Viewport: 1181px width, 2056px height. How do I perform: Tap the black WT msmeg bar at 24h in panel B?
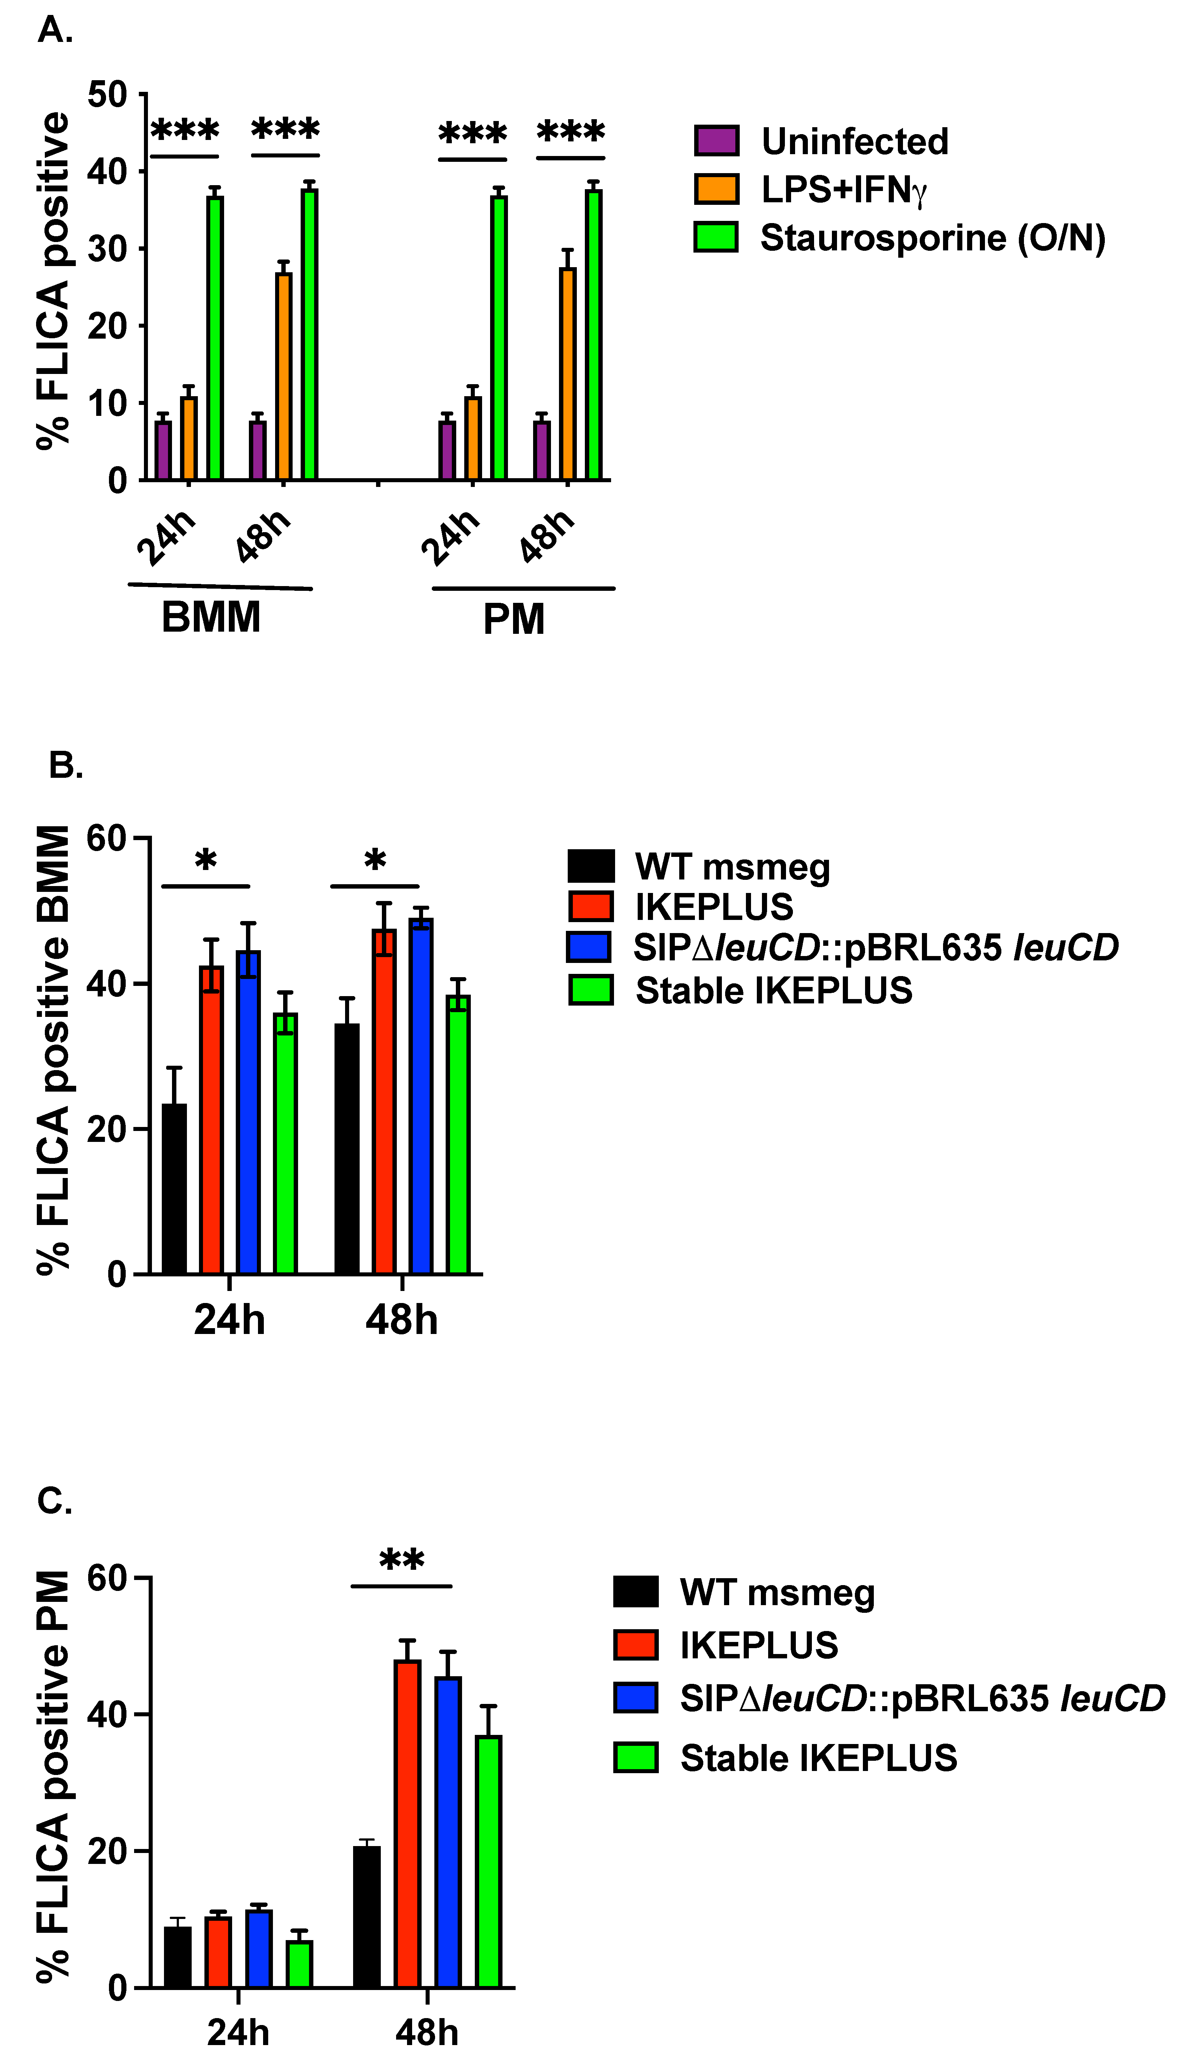175,1188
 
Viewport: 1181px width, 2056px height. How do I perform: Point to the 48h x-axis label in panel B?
402,1319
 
